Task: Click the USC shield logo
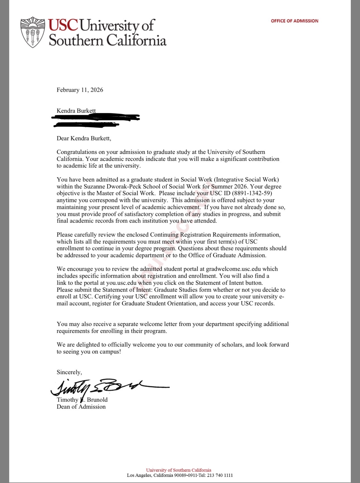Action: (x=33, y=32)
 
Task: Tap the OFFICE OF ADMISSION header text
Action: (x=294, y=21)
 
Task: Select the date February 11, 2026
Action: (x=80, y=90)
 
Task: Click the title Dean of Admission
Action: (x=81, y=407)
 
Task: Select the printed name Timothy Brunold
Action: (x=82, y=400)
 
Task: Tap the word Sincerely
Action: (x=69, y=372)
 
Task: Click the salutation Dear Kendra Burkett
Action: (x=84, y=138)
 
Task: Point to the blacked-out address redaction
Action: (x=95, y=121)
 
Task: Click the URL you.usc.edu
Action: (x=121, y=283)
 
